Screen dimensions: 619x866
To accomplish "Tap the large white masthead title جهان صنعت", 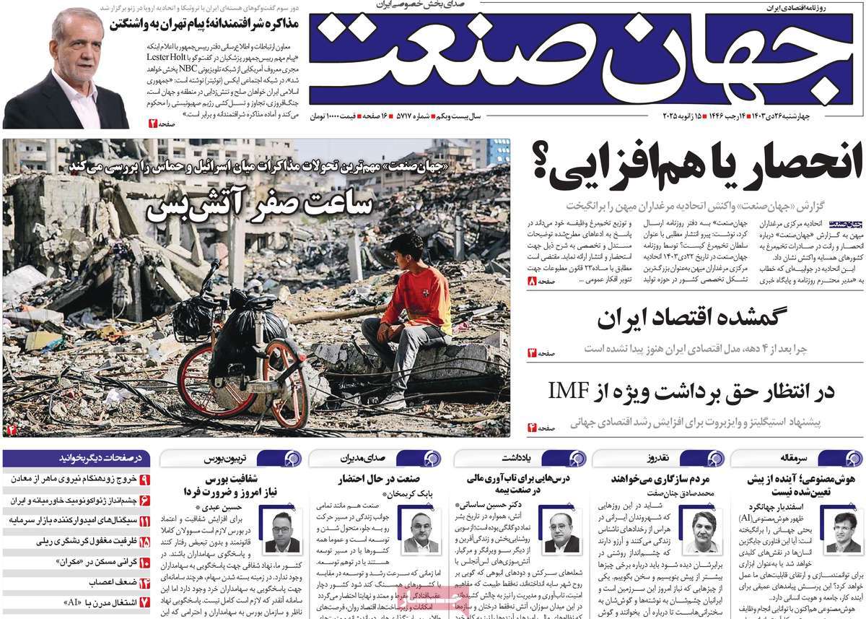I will coord(577,61).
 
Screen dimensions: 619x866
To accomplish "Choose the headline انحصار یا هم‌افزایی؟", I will coord(697,163).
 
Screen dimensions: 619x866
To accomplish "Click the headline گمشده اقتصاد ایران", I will coord(693,319).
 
